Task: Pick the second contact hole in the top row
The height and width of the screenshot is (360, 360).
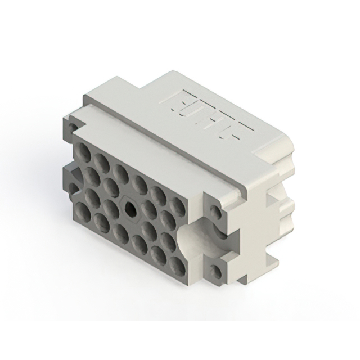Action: coord(101,161)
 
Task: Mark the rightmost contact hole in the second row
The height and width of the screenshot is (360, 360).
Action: coord(166,217)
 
